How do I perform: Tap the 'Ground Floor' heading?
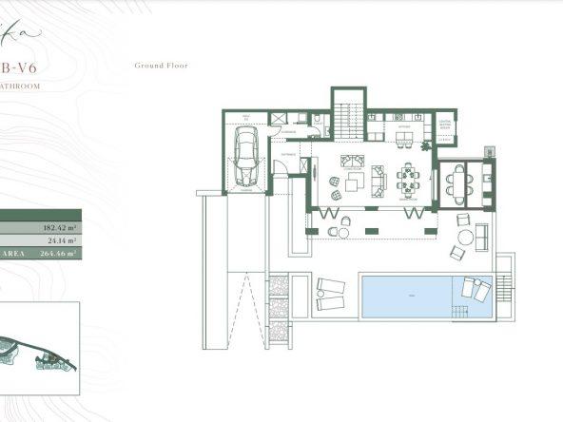pyautogui.click(x=161, y=66)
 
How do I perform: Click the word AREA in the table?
pyautogui.click(x=11, y=255)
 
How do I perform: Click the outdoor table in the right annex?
pyautogui.click(x=458, y=180)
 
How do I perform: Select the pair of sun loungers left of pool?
pyautogui.click(x=330, y=294)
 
